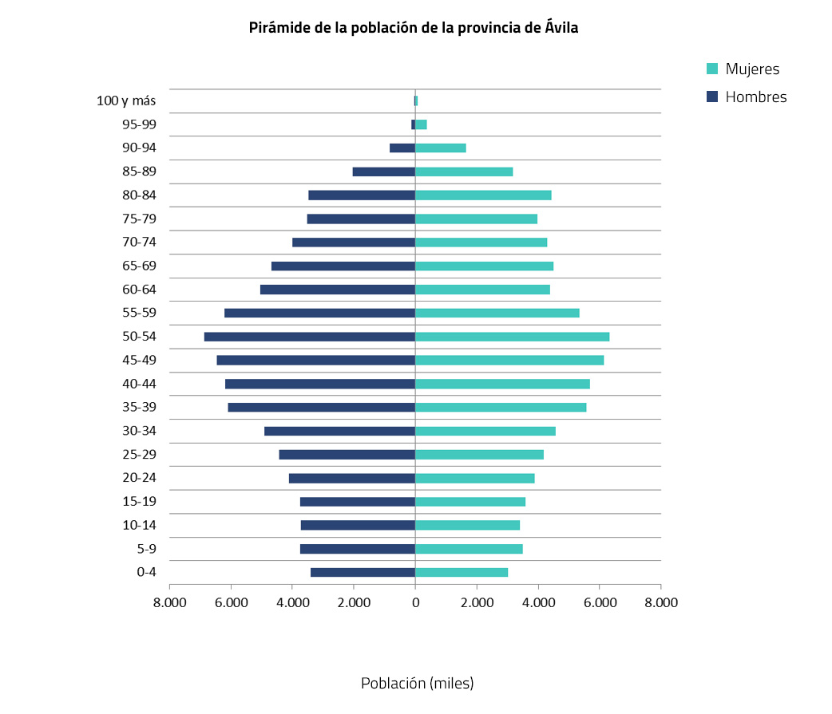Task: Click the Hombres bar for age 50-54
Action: click(x=310, y=337)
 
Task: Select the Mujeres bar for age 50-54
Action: click(x=512, y=337)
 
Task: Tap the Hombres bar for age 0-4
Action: click(x=363, y=572)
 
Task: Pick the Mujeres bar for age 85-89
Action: click(x=464, y=172)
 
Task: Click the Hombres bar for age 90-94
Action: click(x=402, y=148)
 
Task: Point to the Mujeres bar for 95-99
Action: click(x=421, y=124)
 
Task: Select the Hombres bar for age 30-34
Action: click(x=339, y=431)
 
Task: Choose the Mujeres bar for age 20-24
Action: click(x=475, y=478)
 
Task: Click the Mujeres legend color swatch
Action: click(x=712, y=69)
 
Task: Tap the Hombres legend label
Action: click(x=756, y=97)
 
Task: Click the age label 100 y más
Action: click(x=126, y=101)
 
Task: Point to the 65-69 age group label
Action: click(x=139, y=266)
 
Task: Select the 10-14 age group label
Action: click(x=139, y=525)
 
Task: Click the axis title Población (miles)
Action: click(x=418, y=684)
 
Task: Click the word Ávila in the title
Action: click(x=560, y=28)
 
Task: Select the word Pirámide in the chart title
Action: click(x=275, y=28)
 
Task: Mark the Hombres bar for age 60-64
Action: click(x=338, y=290)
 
